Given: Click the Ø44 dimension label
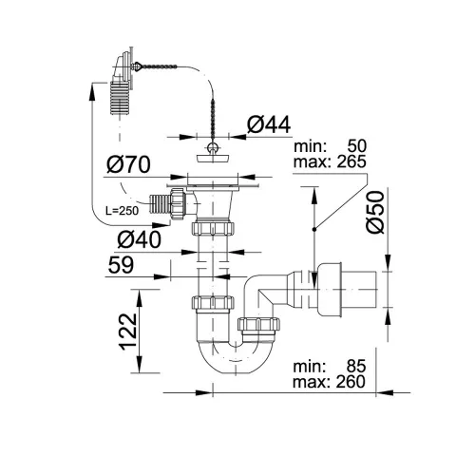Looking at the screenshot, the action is pos(269,124).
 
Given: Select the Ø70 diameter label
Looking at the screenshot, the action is pos(128,164).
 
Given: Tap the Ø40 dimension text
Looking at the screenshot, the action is pos(139,239).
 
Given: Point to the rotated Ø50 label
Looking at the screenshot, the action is pos(375,212).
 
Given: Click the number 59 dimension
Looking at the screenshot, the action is pos(121,265).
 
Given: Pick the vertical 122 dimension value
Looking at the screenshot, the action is pos(128,332).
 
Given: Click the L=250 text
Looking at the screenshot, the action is pos(122,211).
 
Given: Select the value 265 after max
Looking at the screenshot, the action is pos(351,161).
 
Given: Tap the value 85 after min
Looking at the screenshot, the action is pos(356,367).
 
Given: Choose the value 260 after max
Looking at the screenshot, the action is pos(351,382).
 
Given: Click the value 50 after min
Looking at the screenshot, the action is pos(357,146).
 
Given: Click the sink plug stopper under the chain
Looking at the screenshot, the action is pos(213,159).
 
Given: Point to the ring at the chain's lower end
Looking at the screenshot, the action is pos(213,147).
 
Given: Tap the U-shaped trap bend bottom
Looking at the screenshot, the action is pos(236,361).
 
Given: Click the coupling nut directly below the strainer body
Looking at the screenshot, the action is pos(213,228).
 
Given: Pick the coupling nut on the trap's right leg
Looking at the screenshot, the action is pos(258,325).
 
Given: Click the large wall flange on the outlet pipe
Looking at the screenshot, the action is pos(330,290).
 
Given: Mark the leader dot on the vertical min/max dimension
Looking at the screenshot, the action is pos(314,229).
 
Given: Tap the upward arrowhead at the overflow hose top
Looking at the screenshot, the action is pos(92,92).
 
